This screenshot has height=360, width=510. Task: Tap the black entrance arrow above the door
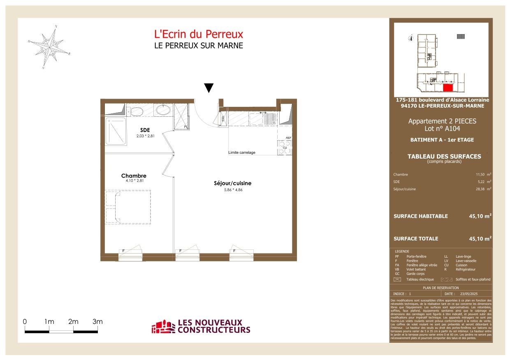tap(209, 88)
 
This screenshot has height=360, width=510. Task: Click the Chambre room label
tap(134, 175)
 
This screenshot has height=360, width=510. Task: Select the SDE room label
tap(145, 130)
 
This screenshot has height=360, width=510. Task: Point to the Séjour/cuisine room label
tap(232, 183)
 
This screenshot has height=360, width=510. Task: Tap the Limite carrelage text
tap(242, 152)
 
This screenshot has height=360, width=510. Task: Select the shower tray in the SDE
tap(116, 131)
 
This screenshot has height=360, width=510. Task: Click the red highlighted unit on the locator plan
tap(447, 87)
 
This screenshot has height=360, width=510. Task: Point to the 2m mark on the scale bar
tap(73, 322)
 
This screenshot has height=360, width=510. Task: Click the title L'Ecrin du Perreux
tap(198, 34)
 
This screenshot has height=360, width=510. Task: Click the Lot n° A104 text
tap(442, 128)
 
